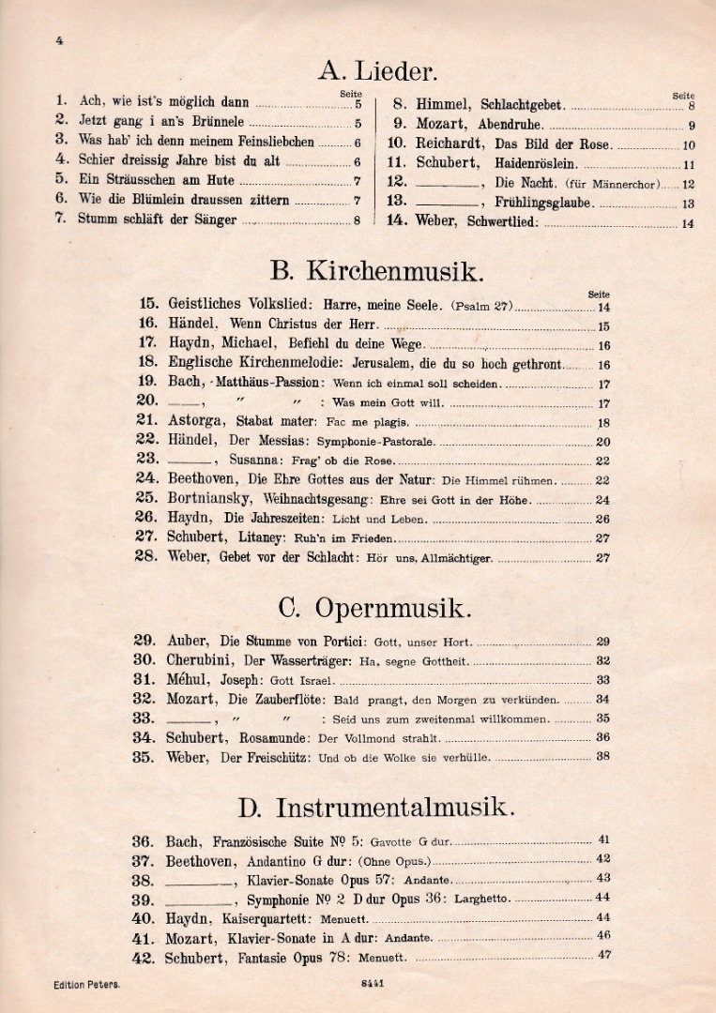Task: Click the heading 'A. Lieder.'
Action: point(377,70)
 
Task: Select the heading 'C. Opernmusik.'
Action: point(375,609)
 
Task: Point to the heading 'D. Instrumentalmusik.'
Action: point(376,808)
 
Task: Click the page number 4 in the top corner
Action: point(59,40)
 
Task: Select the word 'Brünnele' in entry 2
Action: point(215,122)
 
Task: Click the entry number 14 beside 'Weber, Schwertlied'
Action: point(396,221)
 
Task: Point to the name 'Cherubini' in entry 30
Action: point(200,659)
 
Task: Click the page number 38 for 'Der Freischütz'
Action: point(602,756)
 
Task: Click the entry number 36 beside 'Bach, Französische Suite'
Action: point(143,841)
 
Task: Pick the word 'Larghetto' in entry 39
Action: point(482,899)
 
